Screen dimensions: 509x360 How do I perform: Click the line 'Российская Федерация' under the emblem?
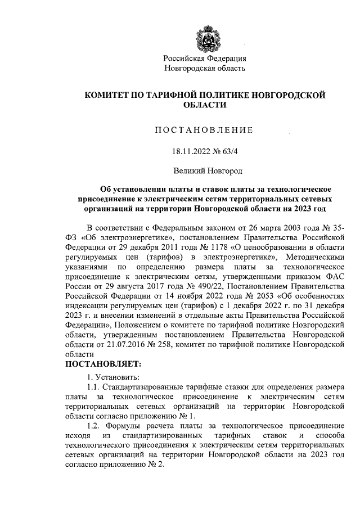click(205, 58)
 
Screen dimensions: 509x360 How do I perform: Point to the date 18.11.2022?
click(191, 151)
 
